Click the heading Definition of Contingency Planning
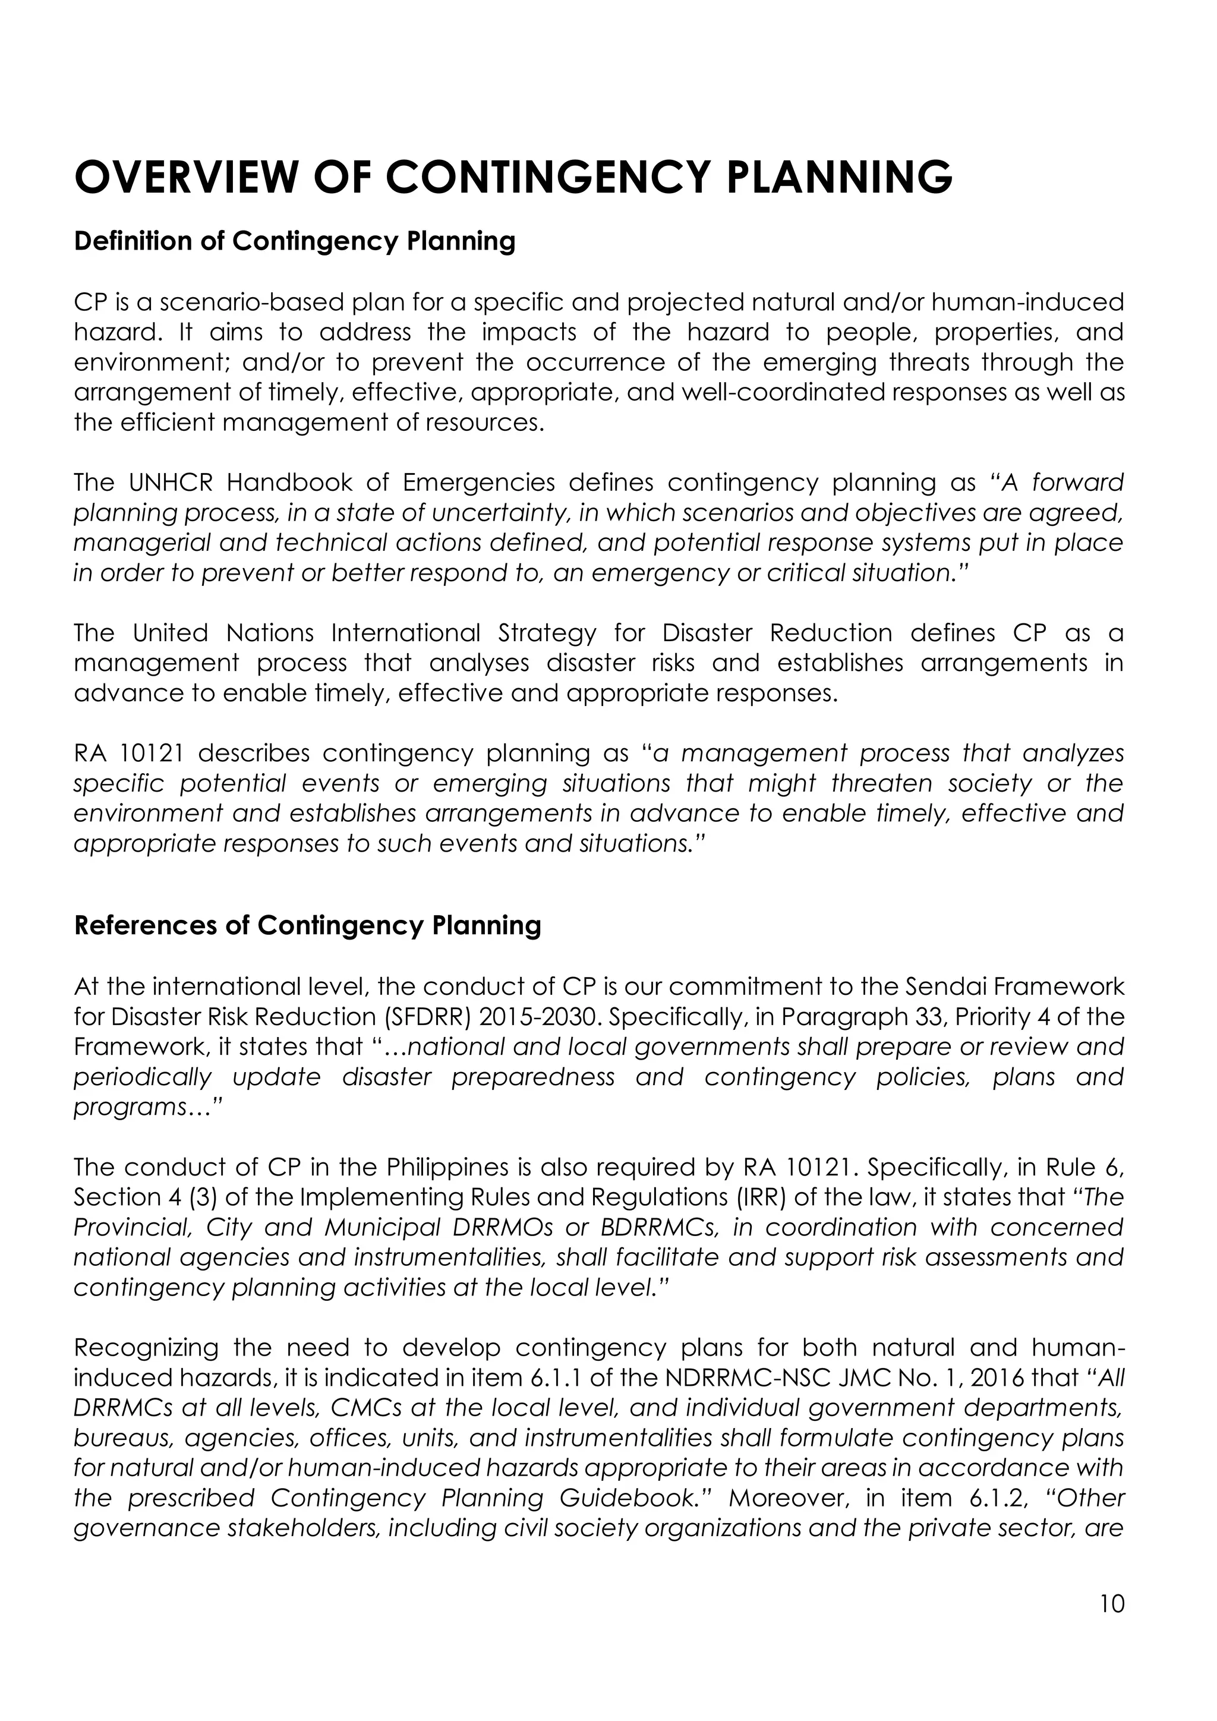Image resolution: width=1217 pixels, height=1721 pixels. click(295, 241)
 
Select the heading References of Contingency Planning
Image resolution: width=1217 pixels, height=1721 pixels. click(307, 926)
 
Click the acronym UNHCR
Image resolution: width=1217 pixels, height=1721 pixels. click(169, 483)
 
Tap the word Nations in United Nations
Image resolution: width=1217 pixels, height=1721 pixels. click(270, 633)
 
